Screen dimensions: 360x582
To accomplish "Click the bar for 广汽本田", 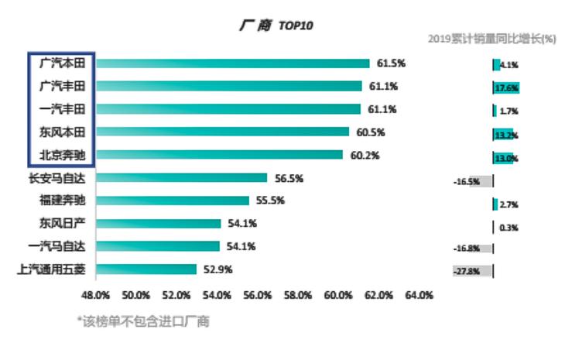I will pyautogui.click(x=232, y=63).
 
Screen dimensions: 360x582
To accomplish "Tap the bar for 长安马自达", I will pyautogui.click(x=181, y=178).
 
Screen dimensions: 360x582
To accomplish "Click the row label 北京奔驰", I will pyautogui.click(x=62, y=154).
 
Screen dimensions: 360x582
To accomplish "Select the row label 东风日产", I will pyautogui.click(x=62, y=224).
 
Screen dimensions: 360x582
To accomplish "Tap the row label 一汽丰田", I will pyautogui.click(x=62, y=108).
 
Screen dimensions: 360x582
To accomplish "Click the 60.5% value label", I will pyautogui.click(x=371, y=132).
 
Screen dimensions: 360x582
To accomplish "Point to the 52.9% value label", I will pyautogui.click(x=218, y=269).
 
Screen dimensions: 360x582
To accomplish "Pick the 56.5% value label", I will pyautogui.click(x=289, y=178).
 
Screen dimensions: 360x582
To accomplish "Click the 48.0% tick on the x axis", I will pyautogui.click(x=96, y=295).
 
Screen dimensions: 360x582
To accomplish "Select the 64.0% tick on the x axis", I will pyautogui.click(x=419, y=295).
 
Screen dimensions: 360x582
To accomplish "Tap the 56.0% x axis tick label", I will pyautogui.click(x=258, y=295).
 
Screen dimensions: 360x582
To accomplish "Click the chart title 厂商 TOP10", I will pyautogui.click(x=276, y=26).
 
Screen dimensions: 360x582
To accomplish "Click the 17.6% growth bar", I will pyautogui.click(x=506, y=87).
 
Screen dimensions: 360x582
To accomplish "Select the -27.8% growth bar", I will pyautogui.click(x=473, y=271).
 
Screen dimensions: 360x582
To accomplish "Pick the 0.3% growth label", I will pyautogui.click(x=509, y=228).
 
